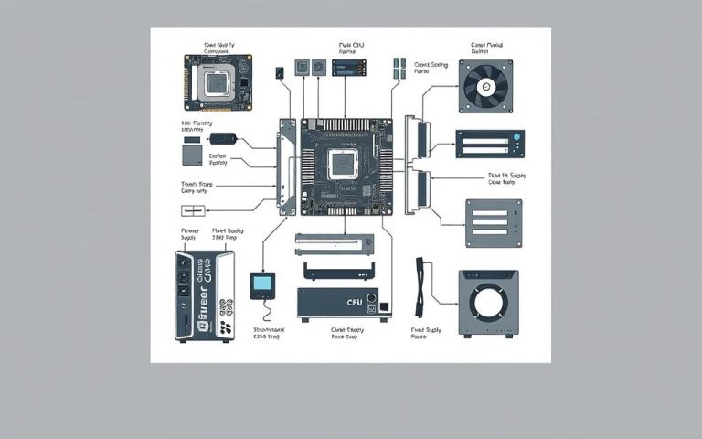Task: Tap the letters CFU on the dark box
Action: tap(355, 300)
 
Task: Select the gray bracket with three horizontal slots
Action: tap(494, 223)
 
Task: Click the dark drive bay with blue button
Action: tap(490, 144)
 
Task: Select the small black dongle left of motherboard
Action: tap(224, 139)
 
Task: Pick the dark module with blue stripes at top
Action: tap(349, 68)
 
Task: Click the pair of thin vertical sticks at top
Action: tap(399, 66)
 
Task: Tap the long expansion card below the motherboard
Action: tap(335, 242)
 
